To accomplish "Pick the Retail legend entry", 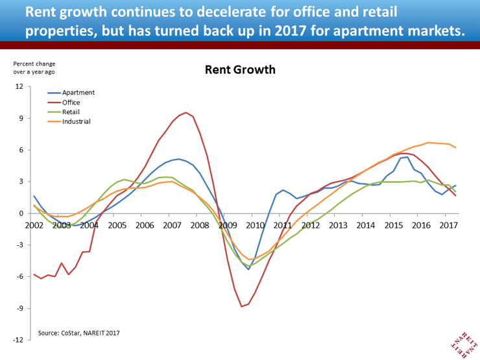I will pyautogui.click(x=71, y=112).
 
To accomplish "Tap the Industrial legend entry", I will pyautogui.click(x=76, y=121).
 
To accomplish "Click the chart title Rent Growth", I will pyautogui.click(x=240, y=69).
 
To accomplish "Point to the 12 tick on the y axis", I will pyautogui.click(x=18, y=86).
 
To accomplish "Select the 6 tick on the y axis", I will pyautogui.click(x=20, y=150).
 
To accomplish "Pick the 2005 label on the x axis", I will pyautogui.click(x=117, y=225).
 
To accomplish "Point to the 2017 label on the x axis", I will pyautogui.click(x=448, y=225).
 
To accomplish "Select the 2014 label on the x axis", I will pyautogui.click(x=365, y=225).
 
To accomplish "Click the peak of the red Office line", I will pyautogui.click(x=186, y=112).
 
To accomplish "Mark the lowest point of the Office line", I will pyautogui.click(x=241, y=306).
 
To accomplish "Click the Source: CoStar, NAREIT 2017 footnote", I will pyautogui.click(x=78, y=333).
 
